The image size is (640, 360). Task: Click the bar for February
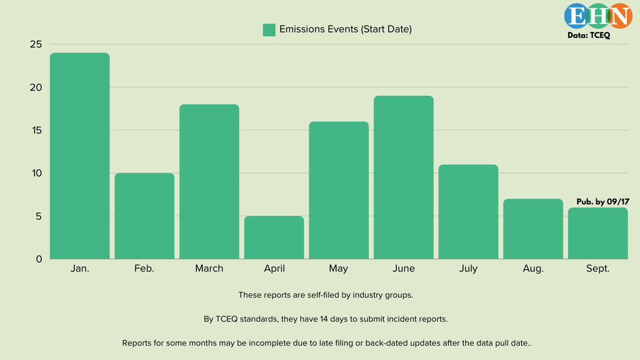(144, 216)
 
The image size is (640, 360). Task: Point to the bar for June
(404, 177)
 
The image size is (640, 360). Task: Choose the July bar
(468, 212)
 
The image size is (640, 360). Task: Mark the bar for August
(533, 229)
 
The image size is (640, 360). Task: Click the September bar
(598, 233)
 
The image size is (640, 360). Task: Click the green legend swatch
(269, 29)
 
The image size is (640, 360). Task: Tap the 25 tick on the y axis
(35, 44)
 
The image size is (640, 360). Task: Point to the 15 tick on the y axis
(35, 130)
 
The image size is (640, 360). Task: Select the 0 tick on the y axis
(39, 259)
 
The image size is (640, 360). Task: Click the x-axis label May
(338, 269)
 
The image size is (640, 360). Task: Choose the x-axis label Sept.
(598, 269)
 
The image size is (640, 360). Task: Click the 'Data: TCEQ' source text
(589, 36)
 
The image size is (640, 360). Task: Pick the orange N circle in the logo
(617, 16)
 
